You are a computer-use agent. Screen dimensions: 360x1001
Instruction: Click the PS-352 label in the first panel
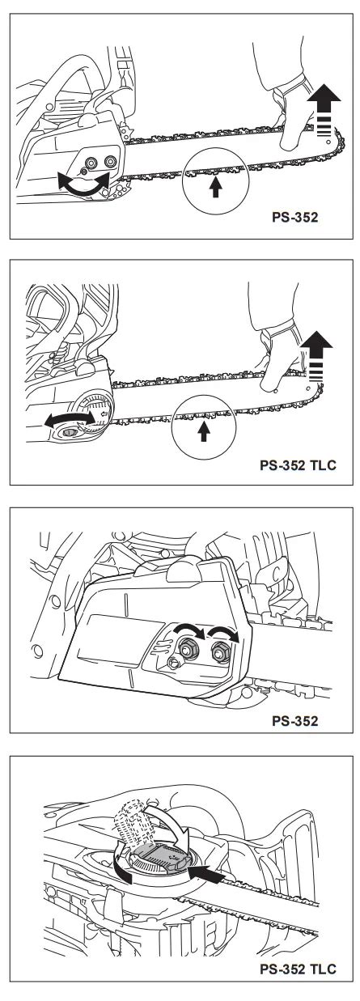point(294,217)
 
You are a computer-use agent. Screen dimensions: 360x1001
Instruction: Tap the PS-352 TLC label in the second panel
point(298,464)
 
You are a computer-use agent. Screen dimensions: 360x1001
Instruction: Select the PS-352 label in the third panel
point(294,721)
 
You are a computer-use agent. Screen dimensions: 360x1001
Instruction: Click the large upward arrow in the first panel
point(324,110)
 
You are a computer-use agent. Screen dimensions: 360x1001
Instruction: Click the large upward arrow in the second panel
point(316,356)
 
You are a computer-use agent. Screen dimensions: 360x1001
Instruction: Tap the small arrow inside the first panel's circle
point(216,186)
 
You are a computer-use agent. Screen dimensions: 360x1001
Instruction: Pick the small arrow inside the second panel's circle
point(204,431)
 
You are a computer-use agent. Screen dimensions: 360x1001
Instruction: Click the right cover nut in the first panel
point(110,161)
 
